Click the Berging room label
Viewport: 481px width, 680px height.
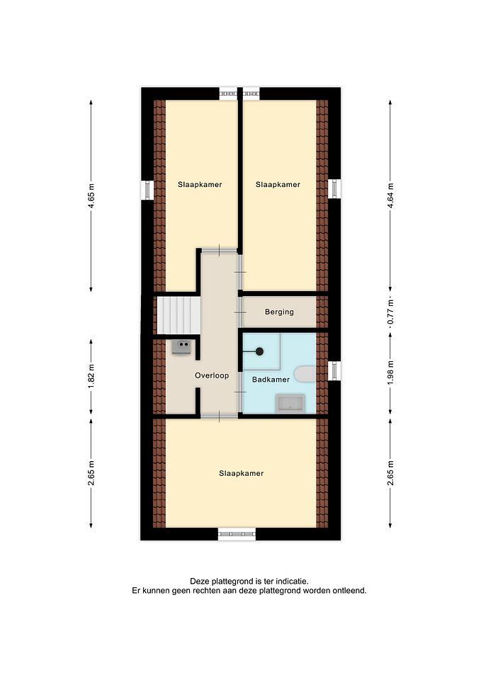coord(279,312)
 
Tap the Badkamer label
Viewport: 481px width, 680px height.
coord(271,380)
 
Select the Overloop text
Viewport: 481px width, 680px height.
coord(212,375)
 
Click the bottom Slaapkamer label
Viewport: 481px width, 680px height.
coord(241,473)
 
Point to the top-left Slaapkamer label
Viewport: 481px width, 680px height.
coord(200,184)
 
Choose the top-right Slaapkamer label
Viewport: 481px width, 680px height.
coord(278,184)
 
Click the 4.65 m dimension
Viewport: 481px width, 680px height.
coord(91,196)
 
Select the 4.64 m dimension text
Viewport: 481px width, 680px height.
coord(390,196)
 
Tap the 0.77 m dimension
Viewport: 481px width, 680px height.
coord(390,312)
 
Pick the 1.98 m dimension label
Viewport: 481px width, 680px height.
coord(390,373)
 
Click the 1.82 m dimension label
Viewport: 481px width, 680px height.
coord(91,376)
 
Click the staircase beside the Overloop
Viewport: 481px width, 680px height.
coord(178,315)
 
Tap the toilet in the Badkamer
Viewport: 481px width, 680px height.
coord(305,374)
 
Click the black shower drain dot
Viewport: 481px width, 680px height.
coord(259,352)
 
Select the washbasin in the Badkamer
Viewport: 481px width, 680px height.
coord(291,403)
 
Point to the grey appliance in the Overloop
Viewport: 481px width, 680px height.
coord(181,347)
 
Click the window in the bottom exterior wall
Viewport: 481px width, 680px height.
coord(237,534)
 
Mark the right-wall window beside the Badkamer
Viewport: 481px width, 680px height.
coord(334,370)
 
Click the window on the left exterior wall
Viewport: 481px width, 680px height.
coord(148,190)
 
